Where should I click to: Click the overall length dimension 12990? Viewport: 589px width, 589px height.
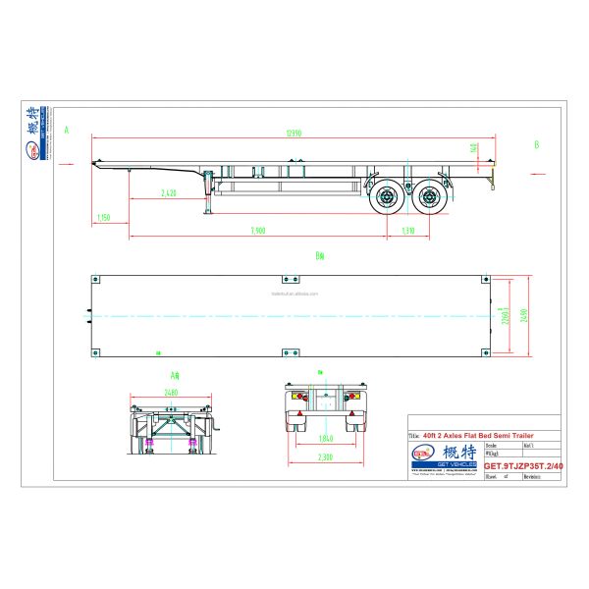point(294,133)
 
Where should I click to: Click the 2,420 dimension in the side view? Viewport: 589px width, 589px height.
point(168,192)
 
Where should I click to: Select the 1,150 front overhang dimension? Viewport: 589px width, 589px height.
point(104,218)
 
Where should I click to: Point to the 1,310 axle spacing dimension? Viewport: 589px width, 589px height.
point(407,231)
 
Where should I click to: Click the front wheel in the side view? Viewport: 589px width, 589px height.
point(385,199)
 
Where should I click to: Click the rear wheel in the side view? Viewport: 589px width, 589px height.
point(430,199)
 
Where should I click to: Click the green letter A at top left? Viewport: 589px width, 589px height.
point(67,130)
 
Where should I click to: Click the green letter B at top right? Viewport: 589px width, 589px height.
point(536,144)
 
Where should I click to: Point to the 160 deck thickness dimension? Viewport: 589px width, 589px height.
point(475,148)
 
